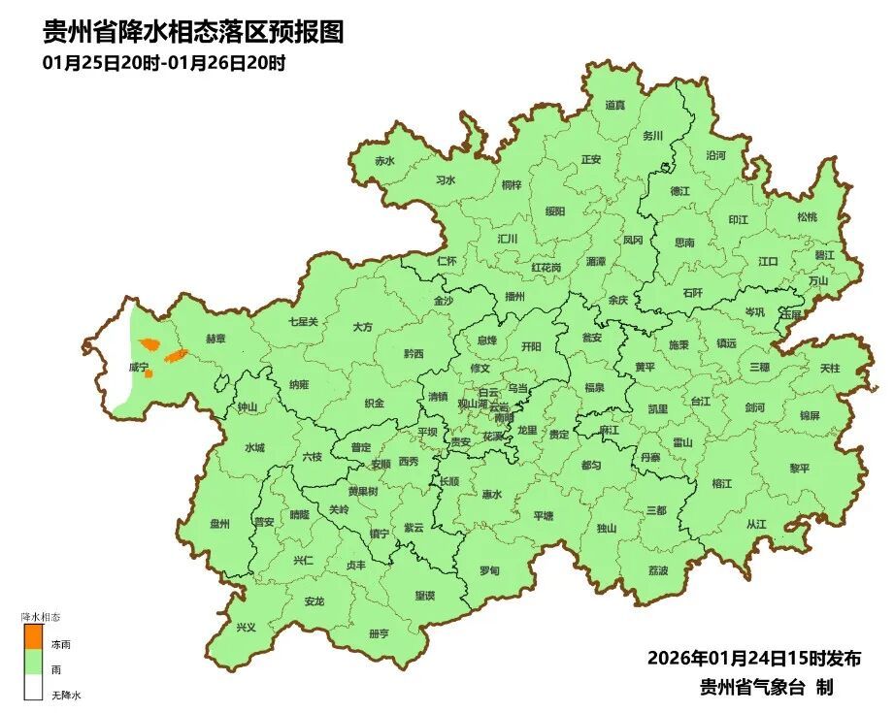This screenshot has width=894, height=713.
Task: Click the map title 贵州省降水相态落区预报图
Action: pyautogui.click(x=193, y=33)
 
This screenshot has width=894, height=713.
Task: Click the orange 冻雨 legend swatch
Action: pyautogui.click(x=33, y=636)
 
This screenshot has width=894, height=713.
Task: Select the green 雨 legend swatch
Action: pyautogui.click(x=33, y=663)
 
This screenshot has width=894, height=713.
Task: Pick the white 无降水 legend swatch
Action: pyautogui.click(x=33, y=688)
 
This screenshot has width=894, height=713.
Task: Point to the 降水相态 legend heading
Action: pyautogui.click(x=42, y=616)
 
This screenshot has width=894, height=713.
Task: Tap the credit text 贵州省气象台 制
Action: pyautogui.click(x=766, y=687)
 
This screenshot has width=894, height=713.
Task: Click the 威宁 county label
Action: pyautogui.click(x=139, y=369)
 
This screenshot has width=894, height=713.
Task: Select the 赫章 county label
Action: pyautogui.click(x=215, y=339)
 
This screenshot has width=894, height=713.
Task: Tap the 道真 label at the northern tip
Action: pyautogui.click(x=615, y=105)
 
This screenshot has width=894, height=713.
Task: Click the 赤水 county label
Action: pyautogui.click(x=385, y=161)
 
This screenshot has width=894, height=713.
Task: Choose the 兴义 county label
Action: pyautogui.click(x=247, y=627)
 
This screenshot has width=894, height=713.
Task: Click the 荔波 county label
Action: pyautogui.click(x=658, y=570)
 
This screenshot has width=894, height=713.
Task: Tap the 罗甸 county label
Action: pyautogui.click(x=490, y=570)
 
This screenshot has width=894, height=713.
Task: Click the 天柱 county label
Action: pyautogui.click(x=830, y=369)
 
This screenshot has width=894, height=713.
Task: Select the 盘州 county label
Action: pyautogui.click(x=220, y=524)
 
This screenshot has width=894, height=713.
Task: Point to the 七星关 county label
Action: pyautogui.click(x=303, y=321)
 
